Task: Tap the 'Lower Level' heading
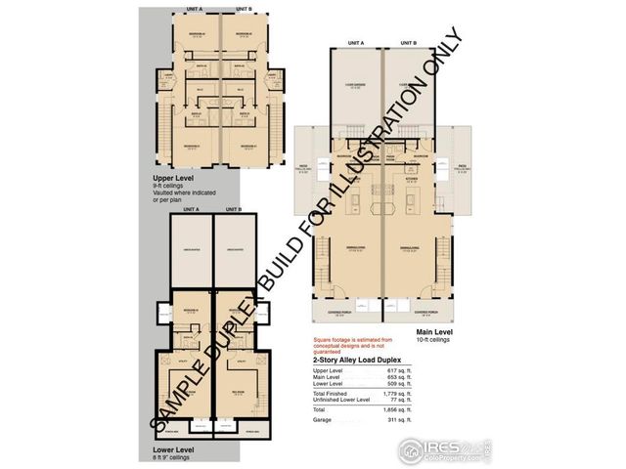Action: pos(173,448)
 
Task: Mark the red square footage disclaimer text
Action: pos(343,344)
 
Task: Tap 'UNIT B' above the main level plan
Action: pos(408,44)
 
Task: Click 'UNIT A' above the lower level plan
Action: pos(191,209)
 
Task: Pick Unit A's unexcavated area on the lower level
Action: pos(192,250)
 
